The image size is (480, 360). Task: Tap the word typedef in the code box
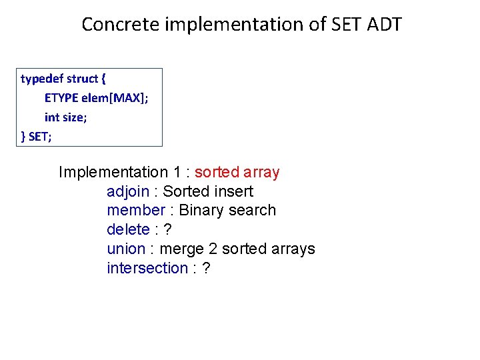(42, 79)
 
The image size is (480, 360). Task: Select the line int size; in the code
(65, 117)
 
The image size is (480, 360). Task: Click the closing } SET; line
(37, 137)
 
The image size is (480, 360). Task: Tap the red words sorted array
(237, 172)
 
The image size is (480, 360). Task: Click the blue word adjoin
(128, 192)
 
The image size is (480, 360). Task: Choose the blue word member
(135, 211)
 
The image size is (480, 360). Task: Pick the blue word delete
(128, 230)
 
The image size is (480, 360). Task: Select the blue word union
(126, 249)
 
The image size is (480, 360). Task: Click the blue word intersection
(147, 269)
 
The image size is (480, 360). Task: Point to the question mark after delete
(168, 230)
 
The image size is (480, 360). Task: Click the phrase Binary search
(227, 211)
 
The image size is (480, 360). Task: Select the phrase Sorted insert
(208, 192)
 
